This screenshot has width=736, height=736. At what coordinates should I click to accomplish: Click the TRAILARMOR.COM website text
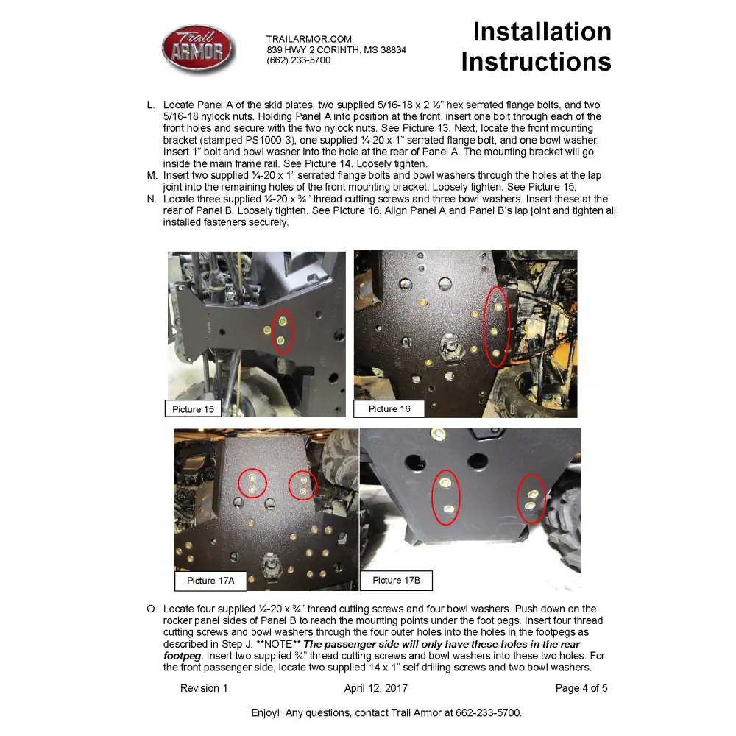[x=309, y=39]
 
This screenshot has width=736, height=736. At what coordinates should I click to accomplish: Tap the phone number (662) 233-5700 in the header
[x=298, y=60]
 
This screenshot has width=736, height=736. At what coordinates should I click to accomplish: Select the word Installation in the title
[x=542, y=32]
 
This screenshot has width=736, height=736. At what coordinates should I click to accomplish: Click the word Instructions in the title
[x=536, y=62]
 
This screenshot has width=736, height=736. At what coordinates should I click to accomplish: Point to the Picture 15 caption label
[x=193, y=409]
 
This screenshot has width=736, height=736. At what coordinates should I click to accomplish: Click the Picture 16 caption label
[x=389, y=409]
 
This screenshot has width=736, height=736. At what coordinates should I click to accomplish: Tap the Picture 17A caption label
[x=210, y=581]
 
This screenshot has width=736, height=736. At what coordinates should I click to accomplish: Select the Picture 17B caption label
[x=396, y=580]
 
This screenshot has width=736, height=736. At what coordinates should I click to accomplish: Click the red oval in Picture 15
[x=283, y=331]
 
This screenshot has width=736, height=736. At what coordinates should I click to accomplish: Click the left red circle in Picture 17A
[x=253, y=483]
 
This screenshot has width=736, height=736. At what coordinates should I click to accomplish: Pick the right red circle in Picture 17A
[x=302, y=484]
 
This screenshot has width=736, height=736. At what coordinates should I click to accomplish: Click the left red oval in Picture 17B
[x=445, y=497]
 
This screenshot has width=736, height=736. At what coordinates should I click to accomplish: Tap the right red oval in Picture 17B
[x=531, y=498]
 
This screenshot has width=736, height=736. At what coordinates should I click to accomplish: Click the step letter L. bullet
[x=152, y=105]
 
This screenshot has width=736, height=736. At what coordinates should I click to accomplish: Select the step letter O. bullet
[x=152, y=609]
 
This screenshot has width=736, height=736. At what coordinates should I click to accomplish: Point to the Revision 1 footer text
[x=204, y=689]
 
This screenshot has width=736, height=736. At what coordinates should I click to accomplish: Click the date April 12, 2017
[x=375, y=689]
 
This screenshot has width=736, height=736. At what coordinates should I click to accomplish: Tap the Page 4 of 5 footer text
[x=581, y=689]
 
